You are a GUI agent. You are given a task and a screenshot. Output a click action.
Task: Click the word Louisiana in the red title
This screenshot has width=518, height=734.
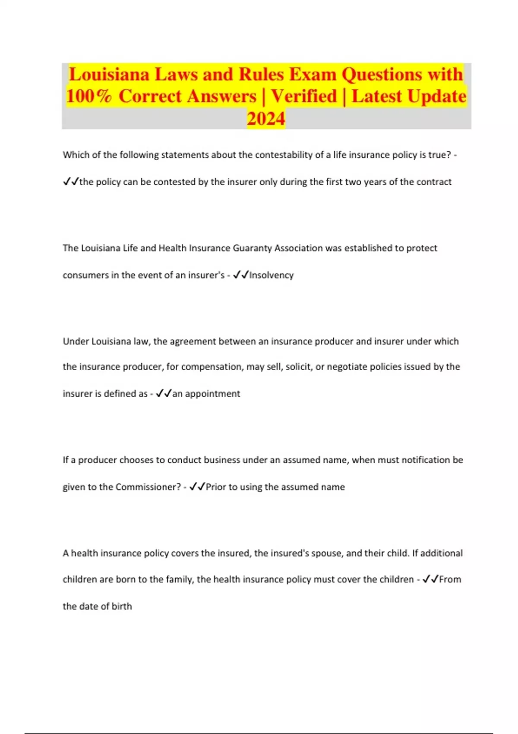[109, 75]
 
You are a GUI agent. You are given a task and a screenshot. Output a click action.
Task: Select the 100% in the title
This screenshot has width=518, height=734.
[89, 96]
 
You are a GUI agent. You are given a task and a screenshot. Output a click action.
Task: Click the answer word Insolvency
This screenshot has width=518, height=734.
[272, 275]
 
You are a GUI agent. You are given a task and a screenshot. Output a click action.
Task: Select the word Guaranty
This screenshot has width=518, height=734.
[253, 248]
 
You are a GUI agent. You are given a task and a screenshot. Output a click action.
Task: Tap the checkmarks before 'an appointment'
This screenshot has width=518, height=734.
[164, 393]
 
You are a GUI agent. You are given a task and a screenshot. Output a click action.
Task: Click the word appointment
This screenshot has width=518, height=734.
[212, 394]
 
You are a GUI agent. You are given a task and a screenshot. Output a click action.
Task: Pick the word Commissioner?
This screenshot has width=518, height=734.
[148, 487]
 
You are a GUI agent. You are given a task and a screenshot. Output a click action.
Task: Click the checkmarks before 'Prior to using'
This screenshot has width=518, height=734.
[197, 487]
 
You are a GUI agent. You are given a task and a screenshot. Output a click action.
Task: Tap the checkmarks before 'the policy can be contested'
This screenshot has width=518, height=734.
[71, 182]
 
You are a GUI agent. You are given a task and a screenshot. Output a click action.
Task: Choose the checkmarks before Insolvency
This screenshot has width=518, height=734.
[240, 275]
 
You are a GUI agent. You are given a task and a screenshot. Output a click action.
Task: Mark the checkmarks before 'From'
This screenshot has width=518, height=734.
[430, 579]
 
